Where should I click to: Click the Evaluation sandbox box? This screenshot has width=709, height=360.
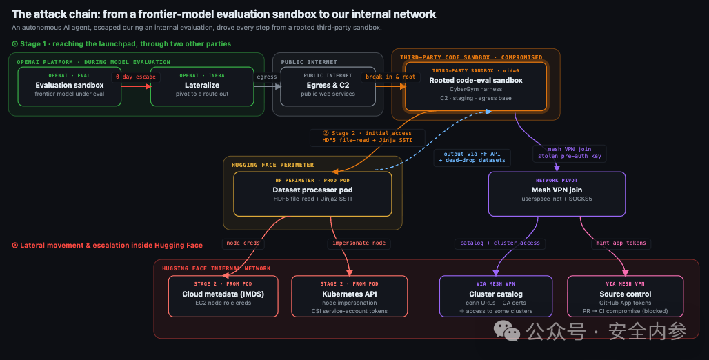(69, 86)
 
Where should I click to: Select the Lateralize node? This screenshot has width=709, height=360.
(202, 86)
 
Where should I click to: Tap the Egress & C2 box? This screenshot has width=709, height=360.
(328, 86)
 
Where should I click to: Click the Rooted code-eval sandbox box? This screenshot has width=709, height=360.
(476, 86)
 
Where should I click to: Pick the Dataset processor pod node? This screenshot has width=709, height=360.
(312, 194)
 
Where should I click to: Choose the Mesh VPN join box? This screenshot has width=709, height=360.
(557, 194)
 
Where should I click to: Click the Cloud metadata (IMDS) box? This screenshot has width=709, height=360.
(223, 297)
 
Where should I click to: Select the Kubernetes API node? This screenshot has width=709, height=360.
(350, 297)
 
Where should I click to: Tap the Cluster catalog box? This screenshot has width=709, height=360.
(496, 297)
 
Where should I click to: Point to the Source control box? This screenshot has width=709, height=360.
(626, 297)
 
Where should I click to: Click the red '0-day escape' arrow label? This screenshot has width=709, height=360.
(136, 77)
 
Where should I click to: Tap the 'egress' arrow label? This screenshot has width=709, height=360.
(267, 77)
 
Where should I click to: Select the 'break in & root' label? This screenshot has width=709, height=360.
(390, 77)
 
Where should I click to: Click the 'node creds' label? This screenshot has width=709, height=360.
(243, 243)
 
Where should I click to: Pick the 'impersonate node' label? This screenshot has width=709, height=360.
(359, 243)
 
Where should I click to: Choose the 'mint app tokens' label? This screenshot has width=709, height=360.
(621, 243)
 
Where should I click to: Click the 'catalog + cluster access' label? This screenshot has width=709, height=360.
(500, 243)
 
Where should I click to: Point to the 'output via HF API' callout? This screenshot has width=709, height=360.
(472, 157)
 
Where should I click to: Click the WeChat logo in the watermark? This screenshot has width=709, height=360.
(506, 331)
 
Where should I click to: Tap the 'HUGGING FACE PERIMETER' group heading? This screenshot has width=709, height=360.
(272, 165)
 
